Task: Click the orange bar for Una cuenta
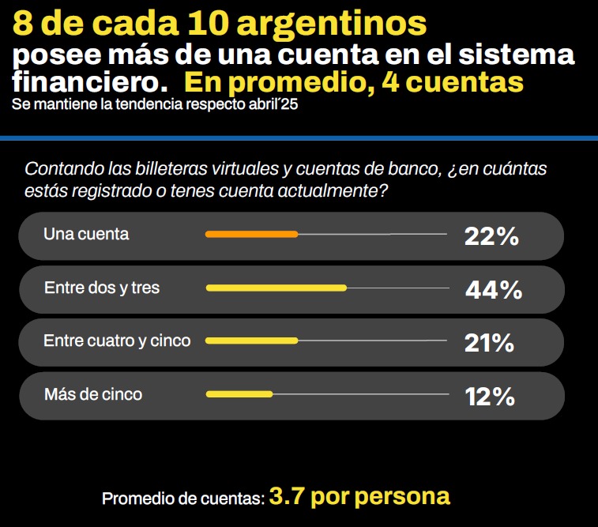tap(251, 234)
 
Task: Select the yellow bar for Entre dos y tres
tap(276, 288)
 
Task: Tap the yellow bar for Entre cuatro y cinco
tap(251, 341)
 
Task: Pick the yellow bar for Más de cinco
tap(239, 393)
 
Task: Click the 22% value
tap(491, 235)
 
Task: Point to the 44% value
tap(494, 290)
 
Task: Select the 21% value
tap(490, 343)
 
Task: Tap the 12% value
tap(490, 396)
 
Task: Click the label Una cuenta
tap(86, 234)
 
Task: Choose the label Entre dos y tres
tap(102, 288)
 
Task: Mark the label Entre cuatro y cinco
tap(117, 341)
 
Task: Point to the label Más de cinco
tap(93, 393)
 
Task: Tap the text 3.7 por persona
tap(359, 496)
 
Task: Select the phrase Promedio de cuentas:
tap(182, 499)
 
